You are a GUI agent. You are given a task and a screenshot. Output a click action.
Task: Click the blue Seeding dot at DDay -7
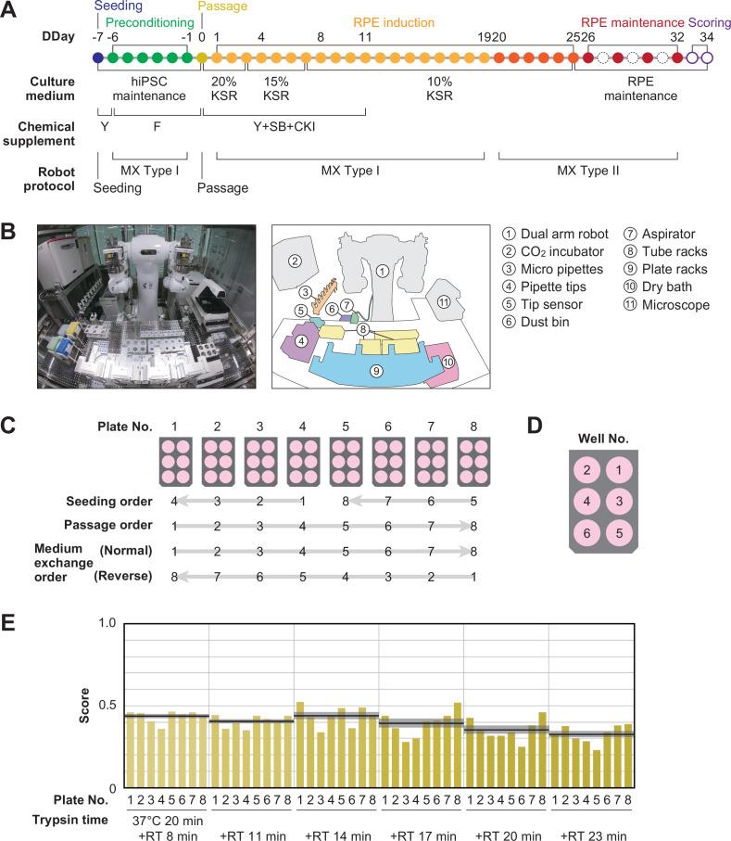pos(98,57)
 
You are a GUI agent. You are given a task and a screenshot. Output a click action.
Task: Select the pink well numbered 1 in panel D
pos(620,469)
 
